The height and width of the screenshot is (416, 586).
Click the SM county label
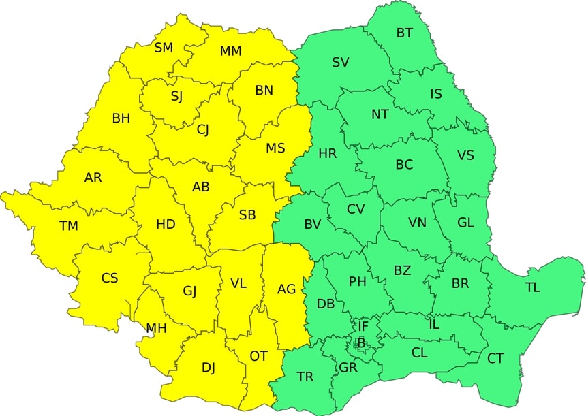click(x=164, y=48)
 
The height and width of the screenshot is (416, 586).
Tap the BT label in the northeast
click(x=404, y=33)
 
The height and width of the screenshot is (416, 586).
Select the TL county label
click(x=532, y=287)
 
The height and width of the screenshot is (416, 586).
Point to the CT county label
click(x=495, y=358)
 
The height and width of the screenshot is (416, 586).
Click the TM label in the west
click(x=69, y=226)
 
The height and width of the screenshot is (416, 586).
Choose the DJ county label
click(x=209, y=368)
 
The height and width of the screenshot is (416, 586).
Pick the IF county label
click(x=363, y=327)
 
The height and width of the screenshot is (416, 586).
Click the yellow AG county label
click(x=286, y=289)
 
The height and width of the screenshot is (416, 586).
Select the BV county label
click(x=312, y=224)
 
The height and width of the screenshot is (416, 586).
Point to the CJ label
click(x=203, y=129)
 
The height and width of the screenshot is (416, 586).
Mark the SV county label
click(x=341, y=63)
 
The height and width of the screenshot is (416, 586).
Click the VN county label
click(x=417, y=223)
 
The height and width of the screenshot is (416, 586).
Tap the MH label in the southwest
click(x=156, y=328)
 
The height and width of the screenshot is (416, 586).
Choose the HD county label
click(x=166, y=224)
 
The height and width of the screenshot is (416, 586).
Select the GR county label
click(x=348, y=368)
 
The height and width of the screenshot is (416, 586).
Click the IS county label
click(x=436, y=94)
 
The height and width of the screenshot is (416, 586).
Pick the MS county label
click(x=275, y=148)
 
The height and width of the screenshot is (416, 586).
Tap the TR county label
click(x=305, y=377)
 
